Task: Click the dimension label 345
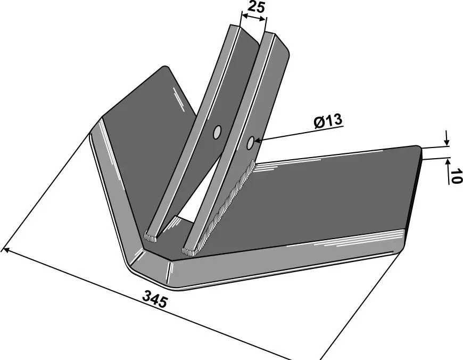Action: pyautogui.click(x=155, y=299)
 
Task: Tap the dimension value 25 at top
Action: pyautogui.click(x=255, y=6)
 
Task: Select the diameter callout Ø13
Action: pyautogui.click(x=328, y=121)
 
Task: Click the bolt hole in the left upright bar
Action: pyautogui.click(x=217, y=132)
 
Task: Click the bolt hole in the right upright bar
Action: pyautogui.click(x=251, y=143)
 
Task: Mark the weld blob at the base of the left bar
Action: pyautogui.click(x=151, y=237)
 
